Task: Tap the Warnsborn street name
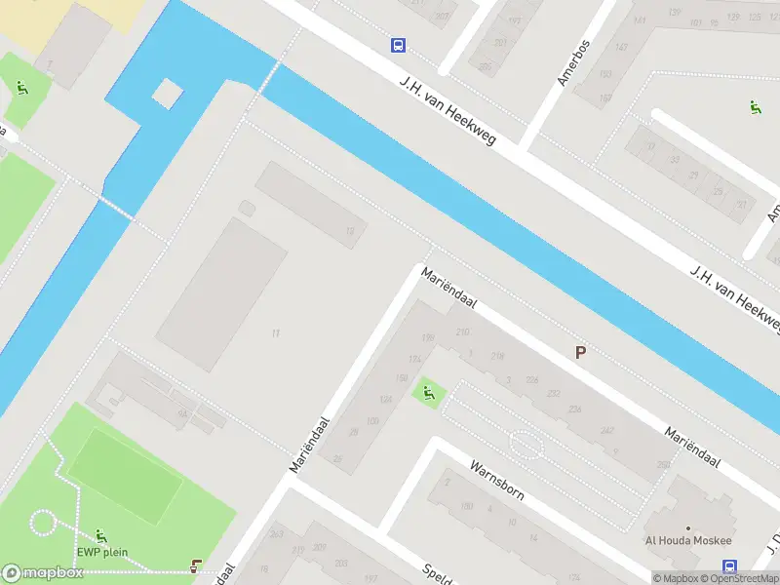click(497, 479)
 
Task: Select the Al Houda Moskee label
click(687, 541)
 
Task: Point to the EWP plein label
click(102, 553)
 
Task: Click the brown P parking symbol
click(580, 353)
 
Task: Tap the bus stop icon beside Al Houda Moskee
click(729, 566)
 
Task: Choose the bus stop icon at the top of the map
click(398, 45)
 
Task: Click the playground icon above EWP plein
click(101, 535)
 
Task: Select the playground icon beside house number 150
click(428, 394)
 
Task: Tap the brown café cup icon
click(197, 565)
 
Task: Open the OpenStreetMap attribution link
click(737, 578)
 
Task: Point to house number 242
click(607, 430)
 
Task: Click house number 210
click(462, 332)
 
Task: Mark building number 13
click(349, 230)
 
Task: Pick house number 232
click(554, 393)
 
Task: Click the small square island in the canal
click(167, 94)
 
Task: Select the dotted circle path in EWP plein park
click(43, 523)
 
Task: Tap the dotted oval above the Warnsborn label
click(526, 445)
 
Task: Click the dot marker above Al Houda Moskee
click(689, 526)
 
